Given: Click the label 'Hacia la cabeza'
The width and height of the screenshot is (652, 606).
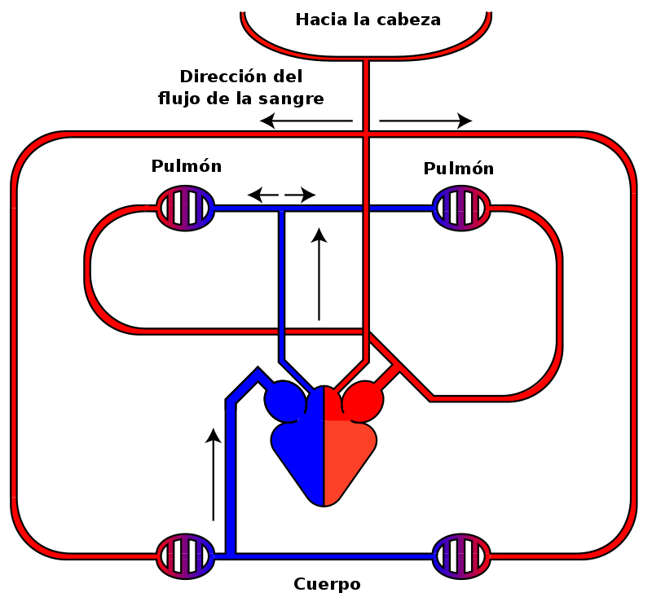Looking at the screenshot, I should pyautogui.click(x=368, y=20).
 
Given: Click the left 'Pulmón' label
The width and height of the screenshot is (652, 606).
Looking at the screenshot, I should pyautogui.click(x=187, y=166).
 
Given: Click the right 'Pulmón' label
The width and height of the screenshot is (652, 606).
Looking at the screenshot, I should pyautogui.click(x=459, y=169).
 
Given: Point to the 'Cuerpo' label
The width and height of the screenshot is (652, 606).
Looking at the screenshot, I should pyautogui.click(x=327, y=584).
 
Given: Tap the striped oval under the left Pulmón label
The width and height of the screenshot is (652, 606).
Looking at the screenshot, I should pyautogui.click(x=185, y=209).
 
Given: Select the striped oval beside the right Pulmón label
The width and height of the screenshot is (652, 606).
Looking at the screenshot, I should pyautogui.click(x=460, y=209).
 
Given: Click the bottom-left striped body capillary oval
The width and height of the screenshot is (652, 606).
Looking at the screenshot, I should pyautogui.click(x=185, y=556).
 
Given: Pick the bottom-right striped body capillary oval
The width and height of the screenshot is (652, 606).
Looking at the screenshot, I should pyautogui.click(x=460, y=556).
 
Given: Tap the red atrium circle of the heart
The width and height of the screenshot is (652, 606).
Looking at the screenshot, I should pyautogui.click(x=363, y=401).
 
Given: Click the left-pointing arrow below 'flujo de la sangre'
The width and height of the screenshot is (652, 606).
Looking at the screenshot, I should pyautogui.click(x=306, y=121).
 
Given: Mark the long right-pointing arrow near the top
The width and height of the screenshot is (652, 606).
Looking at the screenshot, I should pyautogui.click(x=425, y=121).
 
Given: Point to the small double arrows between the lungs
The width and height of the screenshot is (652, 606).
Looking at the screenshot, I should pyautogui.click(x=281, y=195).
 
